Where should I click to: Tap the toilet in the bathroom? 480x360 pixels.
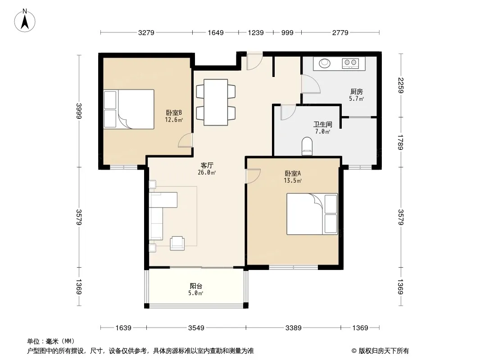(x=307, y=146)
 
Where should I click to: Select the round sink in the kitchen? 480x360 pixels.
(x=325, y=63)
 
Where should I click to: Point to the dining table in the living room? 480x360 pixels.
(x=216, y=102)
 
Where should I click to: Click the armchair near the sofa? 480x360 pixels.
(x=177, y=243)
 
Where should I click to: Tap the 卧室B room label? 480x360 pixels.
(x=174, y=112)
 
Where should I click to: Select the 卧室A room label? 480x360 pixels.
(x=293, y=173)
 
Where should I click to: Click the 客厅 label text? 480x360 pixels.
(x=207, y=165)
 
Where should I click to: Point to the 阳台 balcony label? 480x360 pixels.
(x=196, y=286)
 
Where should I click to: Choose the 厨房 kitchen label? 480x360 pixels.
(x=357, y=91)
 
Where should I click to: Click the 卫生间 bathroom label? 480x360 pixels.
(x=323, y=125)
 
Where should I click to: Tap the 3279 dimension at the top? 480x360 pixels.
(x=146, y=33)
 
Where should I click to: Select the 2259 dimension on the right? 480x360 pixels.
(x=401, y=85)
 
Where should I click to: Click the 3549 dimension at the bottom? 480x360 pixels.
(x=196, y=328)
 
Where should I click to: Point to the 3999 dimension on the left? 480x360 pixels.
(x=79, y=111)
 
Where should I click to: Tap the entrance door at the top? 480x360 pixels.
(x=255, y=62)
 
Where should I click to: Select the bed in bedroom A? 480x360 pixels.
(x=312, y=214)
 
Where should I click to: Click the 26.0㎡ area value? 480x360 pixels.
(x=207, y=172)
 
